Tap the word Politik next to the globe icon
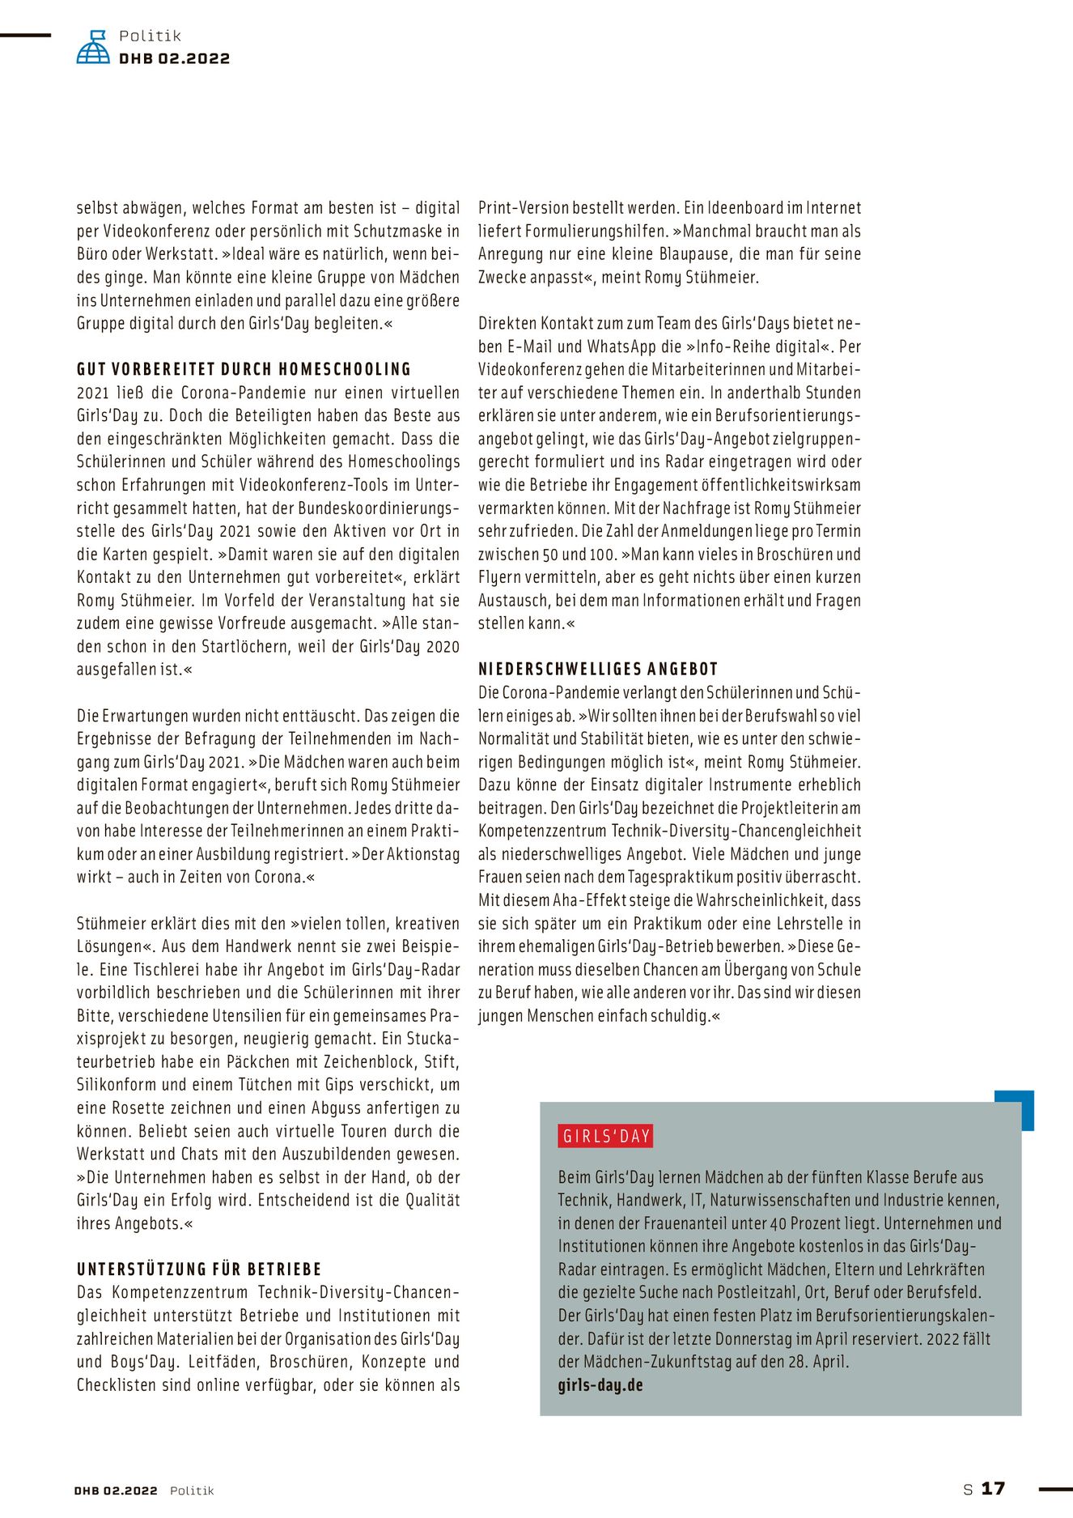pyautogui.click(x=150, y=36)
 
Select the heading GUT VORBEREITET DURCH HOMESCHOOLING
pyautogui.click(x=244, y=369)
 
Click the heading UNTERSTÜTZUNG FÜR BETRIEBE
pyautogui.click(x=199, y=1269)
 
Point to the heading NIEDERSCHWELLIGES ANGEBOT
pyautogui.click(x=598, y=669)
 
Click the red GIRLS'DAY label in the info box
pyautogui.click(x=606, y=1136)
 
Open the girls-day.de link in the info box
pyautogui.click(x=600, y=1384)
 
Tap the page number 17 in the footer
pyautogui.click(x=993, y=1489)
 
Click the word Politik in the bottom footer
pyautogui.click(x=192, y=1490)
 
